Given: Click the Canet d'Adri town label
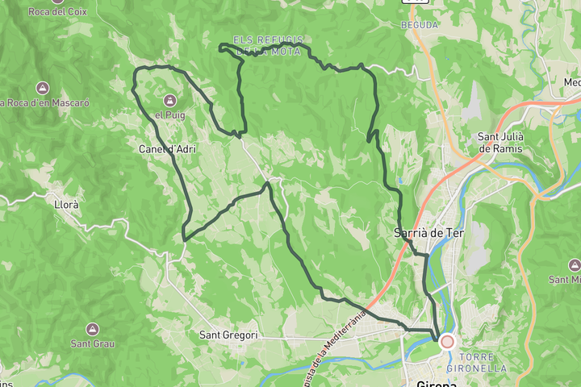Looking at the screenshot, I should coord(167,149).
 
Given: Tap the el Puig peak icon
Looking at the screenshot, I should coord(169,101).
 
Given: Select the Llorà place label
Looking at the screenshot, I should coord(65,205).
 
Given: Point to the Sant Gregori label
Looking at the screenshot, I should coord(228,335).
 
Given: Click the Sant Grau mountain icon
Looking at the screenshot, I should coord(92,329).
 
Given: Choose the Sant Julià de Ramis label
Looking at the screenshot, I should coord(500,142).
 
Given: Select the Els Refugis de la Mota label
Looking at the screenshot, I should coord(268,46).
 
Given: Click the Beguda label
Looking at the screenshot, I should coord(420,25).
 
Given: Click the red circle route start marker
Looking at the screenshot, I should coord(447,342).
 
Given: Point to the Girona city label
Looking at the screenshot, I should coord(437,382).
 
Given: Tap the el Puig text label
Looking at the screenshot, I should coord(170,115).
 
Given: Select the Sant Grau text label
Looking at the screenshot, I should coord(92,343).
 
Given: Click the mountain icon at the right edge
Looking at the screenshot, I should coord(574,265).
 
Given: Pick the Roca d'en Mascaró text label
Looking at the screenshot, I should coord(44,103).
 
